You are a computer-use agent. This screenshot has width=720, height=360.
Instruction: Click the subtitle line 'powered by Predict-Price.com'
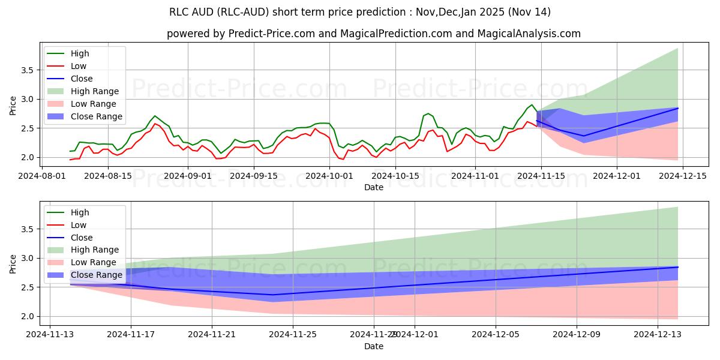coord(373,34)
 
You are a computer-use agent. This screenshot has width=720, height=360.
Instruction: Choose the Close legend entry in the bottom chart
coord(82,238)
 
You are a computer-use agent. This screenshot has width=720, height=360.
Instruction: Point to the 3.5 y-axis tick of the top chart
coord(26,70)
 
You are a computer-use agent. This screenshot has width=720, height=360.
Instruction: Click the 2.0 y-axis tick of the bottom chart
coord(26,316)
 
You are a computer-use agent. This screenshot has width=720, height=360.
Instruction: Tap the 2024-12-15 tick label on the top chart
coord(674,176)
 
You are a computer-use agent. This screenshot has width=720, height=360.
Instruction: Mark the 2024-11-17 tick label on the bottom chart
coord(131,335)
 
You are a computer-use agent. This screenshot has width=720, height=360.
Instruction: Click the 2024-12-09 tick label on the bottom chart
coord(577,335)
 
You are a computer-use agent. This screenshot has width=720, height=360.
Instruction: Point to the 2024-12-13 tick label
coord(658,335)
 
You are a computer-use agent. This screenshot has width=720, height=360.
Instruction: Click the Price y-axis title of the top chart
coord(13,106)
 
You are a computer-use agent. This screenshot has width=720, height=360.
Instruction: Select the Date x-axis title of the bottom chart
coord(373,346)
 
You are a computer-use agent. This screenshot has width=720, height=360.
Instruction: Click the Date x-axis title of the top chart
coord(373,187)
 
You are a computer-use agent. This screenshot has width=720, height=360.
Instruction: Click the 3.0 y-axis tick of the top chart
coord(26,99)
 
